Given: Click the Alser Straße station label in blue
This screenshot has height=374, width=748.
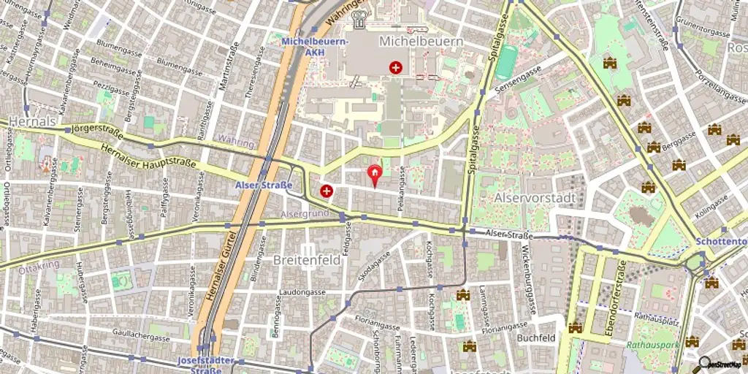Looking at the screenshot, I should coord(264,185).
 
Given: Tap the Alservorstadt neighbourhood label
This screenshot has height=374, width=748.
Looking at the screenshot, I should coord(530,198).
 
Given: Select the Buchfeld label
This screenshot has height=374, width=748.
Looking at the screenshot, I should coord(536,338).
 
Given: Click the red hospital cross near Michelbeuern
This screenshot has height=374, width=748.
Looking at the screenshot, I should coord(396,68).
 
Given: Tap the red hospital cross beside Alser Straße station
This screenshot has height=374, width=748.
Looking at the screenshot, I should coord(326,191).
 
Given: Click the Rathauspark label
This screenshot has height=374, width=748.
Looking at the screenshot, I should coord(652,344).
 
